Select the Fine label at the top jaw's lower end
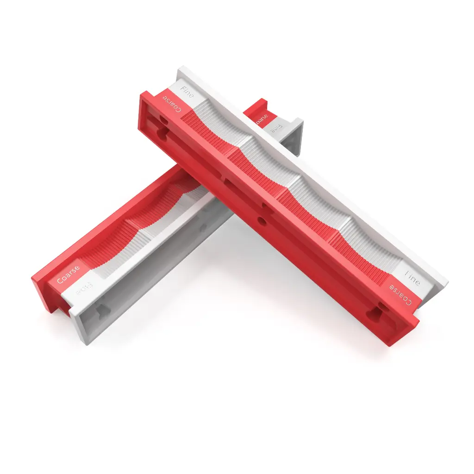pyautogui.click(x=412, y=278)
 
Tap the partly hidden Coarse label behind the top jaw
pyautogui.click(x=262, y=118)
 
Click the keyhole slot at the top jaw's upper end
pyautogui.click(x=162, y=132)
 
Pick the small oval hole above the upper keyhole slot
pyautogui.click(x=164, y=119)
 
